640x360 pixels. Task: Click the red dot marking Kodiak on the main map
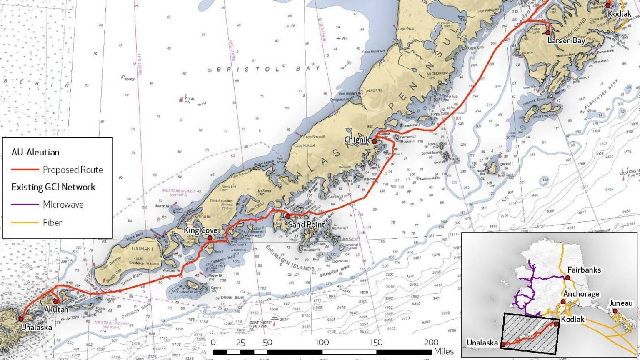click(608, 5)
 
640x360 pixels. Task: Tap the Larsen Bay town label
click(566, 41)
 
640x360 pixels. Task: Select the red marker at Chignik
click(374, 142)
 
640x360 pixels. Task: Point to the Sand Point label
click(307, 225)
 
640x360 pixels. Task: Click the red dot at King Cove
click(210, 238)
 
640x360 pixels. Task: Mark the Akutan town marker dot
click(56, 302)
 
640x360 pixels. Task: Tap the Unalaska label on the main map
click(37, 327)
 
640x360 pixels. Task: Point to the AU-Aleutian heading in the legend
click(35, 152)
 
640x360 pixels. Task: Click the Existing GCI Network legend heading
click(53, 187)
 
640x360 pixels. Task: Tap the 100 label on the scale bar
click(322, 342)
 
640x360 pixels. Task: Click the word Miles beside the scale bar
click(444, 352)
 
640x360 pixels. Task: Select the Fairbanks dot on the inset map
click(567, 278)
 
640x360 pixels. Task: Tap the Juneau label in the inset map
click(621, 303)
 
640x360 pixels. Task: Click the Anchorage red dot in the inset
click(563, 302)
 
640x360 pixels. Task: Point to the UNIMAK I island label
click(143, 249)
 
